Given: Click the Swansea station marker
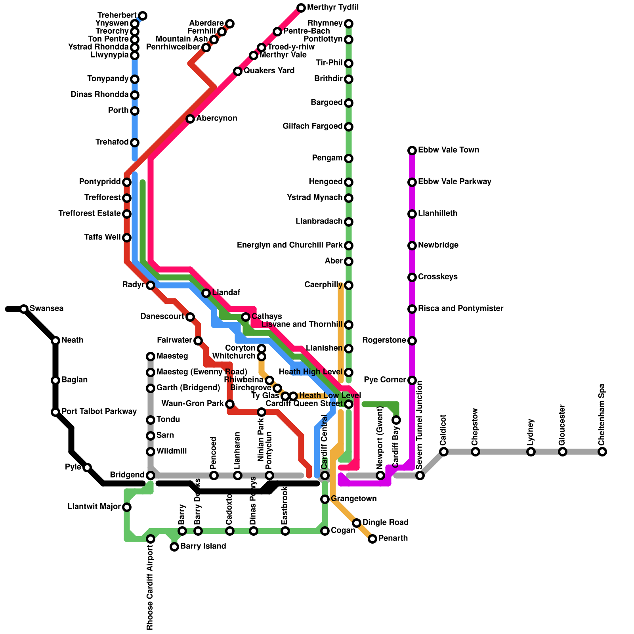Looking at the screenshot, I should click(x=24, y=309).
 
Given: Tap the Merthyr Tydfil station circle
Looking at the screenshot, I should click(x=301, y=8).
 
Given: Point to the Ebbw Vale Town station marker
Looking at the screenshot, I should click(x=412, y=151).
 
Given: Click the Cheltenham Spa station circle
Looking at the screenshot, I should click(x=602, y=452).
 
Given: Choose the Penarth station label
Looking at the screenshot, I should click(x=393, y=539).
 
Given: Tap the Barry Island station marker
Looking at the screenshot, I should click(x=174, y=547).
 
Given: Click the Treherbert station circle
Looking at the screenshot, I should click(x=143, y=16).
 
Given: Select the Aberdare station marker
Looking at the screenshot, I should click(x=230, y=24).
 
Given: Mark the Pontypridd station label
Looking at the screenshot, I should click(x=100, y=182).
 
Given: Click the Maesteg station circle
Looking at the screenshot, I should click(x=151, y=357).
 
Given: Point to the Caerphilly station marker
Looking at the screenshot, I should click(x=349, y=285).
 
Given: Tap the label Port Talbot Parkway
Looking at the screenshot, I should click(x=99, y=412).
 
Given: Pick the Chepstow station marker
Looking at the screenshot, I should click(x=475, y=452).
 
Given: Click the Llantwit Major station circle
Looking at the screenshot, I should click(x=127, y=507).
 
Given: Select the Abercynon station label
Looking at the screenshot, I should click(x=217, y=118).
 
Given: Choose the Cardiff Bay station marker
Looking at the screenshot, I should click(x=396, y=420).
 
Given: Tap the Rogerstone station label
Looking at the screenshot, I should click(x=384, y=340).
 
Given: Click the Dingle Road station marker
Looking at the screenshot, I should click(x=357, y=523).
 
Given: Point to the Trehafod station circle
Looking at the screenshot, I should click(x=135, y=143).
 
